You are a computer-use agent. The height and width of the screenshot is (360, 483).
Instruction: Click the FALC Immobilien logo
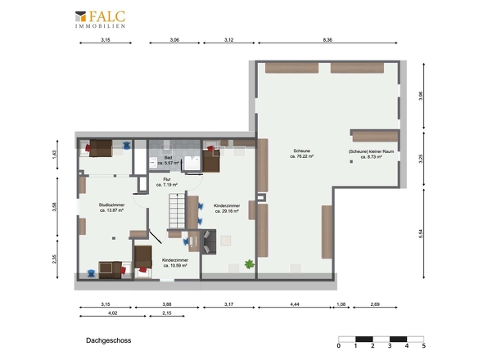[100, 20]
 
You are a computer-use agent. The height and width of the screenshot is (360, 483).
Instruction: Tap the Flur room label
[167, 182]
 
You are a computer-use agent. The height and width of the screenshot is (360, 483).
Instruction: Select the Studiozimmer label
[111, 208]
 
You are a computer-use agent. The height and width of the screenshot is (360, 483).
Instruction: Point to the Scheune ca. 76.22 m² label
[303, 154]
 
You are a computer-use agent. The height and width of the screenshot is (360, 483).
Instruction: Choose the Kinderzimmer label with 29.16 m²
[226, 208]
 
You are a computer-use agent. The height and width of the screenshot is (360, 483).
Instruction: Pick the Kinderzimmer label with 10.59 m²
[175, 263]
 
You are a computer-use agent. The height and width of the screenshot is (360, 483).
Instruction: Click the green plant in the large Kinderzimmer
[249, 263]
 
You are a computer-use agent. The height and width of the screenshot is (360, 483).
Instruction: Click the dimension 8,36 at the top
[327, 40]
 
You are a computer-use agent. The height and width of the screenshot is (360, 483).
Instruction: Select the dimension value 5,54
[421, 233]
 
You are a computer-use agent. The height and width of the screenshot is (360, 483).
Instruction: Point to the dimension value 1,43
[54, 153]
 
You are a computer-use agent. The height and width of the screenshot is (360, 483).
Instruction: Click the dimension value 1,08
[341, 304]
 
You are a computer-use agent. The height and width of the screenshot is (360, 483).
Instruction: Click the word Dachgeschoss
[108, 340]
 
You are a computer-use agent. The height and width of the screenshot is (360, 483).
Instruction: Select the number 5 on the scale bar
[423, 346]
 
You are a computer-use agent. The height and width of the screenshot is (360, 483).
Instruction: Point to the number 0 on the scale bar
[339, 346]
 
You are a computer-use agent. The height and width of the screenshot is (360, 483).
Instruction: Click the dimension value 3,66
[421, 95]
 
